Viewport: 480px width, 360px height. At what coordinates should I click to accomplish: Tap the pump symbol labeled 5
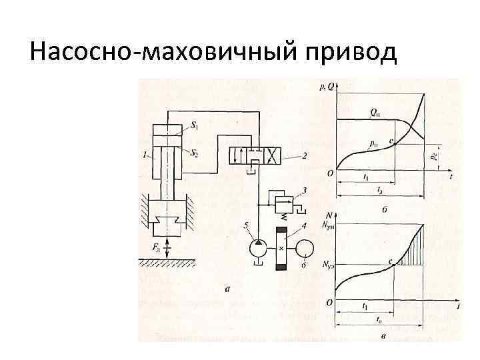[x=256, y=249]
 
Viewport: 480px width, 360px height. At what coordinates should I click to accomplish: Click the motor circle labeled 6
[x=306, y=249]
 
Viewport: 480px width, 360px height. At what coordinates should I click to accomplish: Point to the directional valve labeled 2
[x=256, y=157]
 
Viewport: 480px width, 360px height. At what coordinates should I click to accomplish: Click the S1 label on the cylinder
[x=194, y=125]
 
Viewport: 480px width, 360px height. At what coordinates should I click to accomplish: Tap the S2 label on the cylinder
[x=194, y=153]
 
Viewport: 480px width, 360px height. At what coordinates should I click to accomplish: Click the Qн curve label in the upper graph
[x=375, y=112]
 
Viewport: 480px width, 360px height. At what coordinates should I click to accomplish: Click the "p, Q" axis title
[x=327, y=85]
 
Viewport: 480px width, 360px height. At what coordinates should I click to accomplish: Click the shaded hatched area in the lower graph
[x=415, y=250]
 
